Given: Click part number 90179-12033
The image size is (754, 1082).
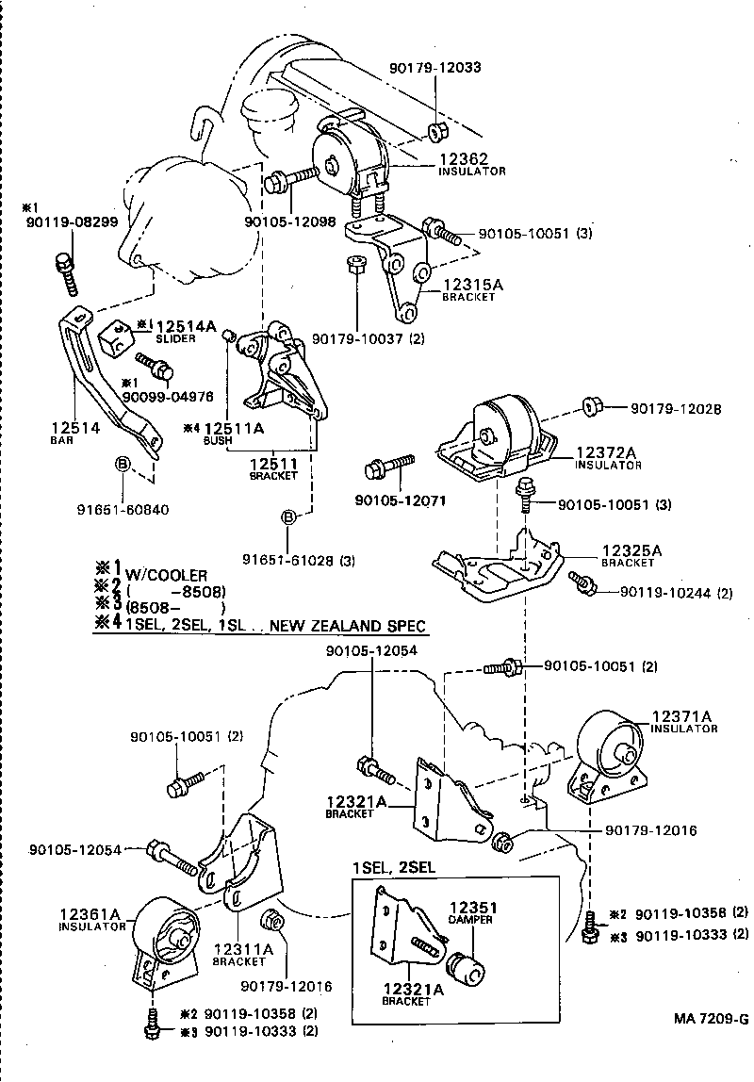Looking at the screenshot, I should point(434,68).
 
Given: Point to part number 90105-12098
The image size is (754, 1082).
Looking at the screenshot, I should point(290,221).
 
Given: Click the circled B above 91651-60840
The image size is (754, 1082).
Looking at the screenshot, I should point(122,463).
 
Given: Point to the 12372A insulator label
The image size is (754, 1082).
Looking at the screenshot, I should point(608,458).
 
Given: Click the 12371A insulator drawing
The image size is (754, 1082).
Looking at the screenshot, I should point(611,758).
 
